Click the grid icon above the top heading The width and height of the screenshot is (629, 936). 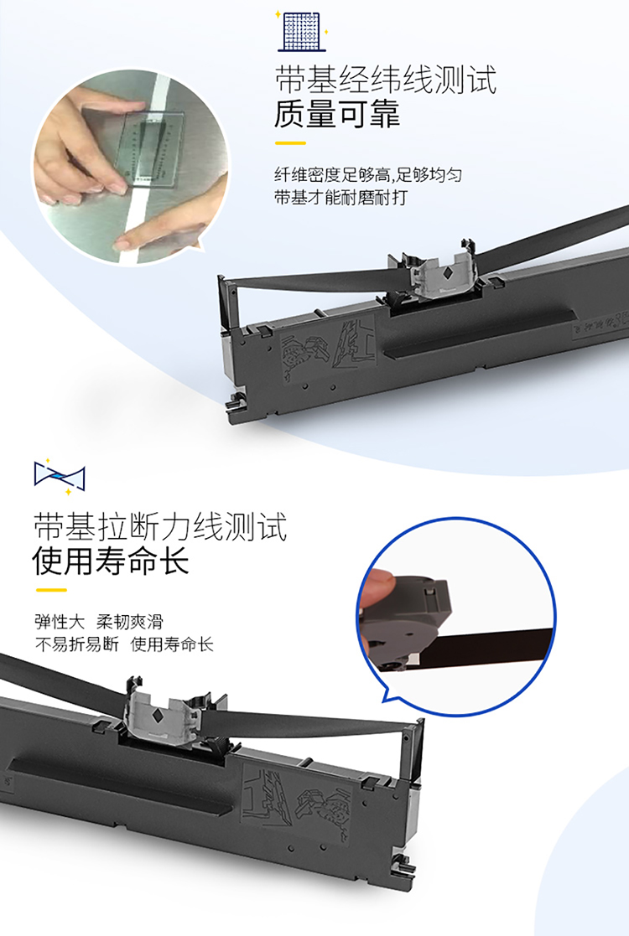pos(302,31)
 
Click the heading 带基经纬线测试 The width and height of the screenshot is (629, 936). pos(386,80)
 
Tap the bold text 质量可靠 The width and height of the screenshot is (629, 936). pos(337,114)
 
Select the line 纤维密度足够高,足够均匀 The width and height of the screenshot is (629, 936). pos(368,175)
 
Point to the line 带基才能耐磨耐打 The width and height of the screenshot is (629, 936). pos(340,198)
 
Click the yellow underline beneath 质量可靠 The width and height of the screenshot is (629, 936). pos(290,143)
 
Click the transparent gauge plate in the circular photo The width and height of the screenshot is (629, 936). pos(149,147)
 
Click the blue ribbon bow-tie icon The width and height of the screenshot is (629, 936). pos(60,476)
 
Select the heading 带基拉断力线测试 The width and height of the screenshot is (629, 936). pos(160,526)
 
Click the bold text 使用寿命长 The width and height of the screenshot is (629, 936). pos(111,561)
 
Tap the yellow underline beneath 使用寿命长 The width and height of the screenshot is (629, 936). pos(51,591)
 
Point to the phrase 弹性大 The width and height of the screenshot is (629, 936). pos(60,622)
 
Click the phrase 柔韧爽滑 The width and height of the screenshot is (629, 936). pos(130,622)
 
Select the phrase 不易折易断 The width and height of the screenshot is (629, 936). pos(77,644)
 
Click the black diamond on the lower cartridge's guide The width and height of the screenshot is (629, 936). pos(159,715)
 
